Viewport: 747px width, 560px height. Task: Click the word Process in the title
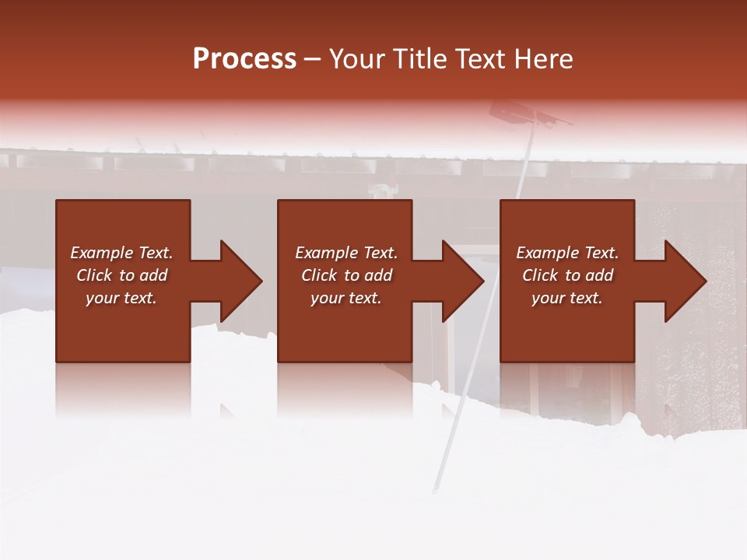click(244, 59)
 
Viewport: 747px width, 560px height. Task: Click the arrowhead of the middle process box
click(462, 281)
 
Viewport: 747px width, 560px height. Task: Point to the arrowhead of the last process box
click(685, 281)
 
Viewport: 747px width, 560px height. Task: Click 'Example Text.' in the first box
click(121, 253)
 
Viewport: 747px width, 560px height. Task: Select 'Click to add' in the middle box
click(346, 275)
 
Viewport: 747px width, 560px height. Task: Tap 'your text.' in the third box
click(567, 298)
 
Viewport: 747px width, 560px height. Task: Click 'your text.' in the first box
click(121, 298)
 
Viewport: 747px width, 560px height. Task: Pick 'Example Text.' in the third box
click(567, 253)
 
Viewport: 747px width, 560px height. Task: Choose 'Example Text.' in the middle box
click(346, 253)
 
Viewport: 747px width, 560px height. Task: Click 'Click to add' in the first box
click(121, 275)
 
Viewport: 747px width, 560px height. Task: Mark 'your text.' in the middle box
click(346, 298)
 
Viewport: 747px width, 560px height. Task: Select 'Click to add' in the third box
click(567, 275)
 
